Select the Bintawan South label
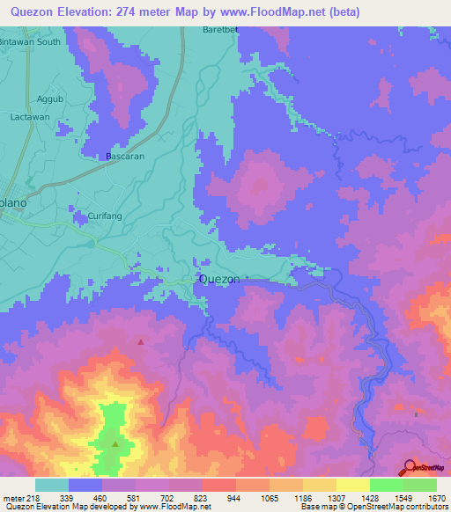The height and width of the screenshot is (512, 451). [x=30, y=41]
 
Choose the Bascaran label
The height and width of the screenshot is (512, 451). [x=125, y=156]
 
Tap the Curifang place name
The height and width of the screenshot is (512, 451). [x=107, y=216]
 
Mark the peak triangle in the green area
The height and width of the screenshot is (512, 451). [x=116, y=443]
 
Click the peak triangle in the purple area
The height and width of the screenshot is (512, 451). [x=139, y=340]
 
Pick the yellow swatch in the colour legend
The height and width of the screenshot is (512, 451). [x=353, y=485]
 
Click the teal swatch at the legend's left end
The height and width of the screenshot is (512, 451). [x=52, y=485]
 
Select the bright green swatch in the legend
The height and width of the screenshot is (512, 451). [x=387, y=485]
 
